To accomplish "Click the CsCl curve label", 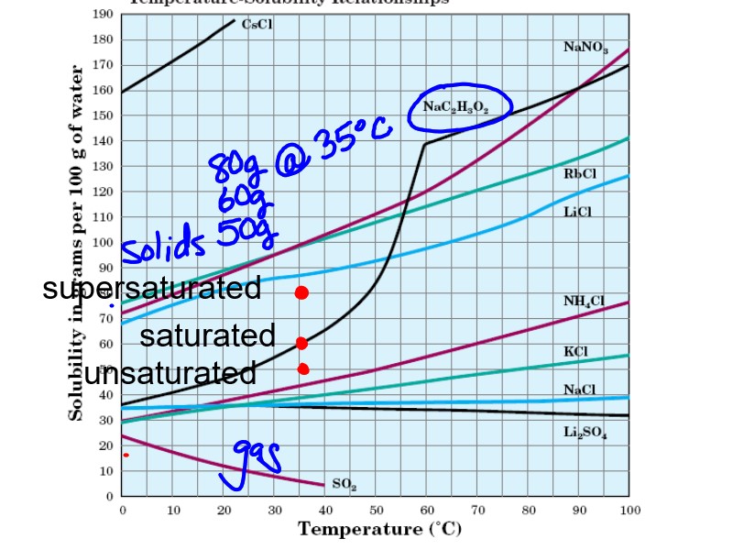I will [257, 26].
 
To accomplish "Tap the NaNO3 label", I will [585, 48].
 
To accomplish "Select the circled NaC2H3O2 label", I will [455, 108].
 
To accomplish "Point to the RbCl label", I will [581, 172].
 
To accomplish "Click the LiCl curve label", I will [580, 211].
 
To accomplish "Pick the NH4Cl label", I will [584, 301].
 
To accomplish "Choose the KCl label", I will [575, 352].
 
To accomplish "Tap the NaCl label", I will [579, 390].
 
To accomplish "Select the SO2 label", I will [344, 483].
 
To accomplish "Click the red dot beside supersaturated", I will [301, 292].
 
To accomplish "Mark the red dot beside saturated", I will [301, 344].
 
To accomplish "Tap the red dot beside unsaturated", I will [303, 368].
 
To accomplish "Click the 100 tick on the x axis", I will [629, 510].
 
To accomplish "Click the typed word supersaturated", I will [152, 289].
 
